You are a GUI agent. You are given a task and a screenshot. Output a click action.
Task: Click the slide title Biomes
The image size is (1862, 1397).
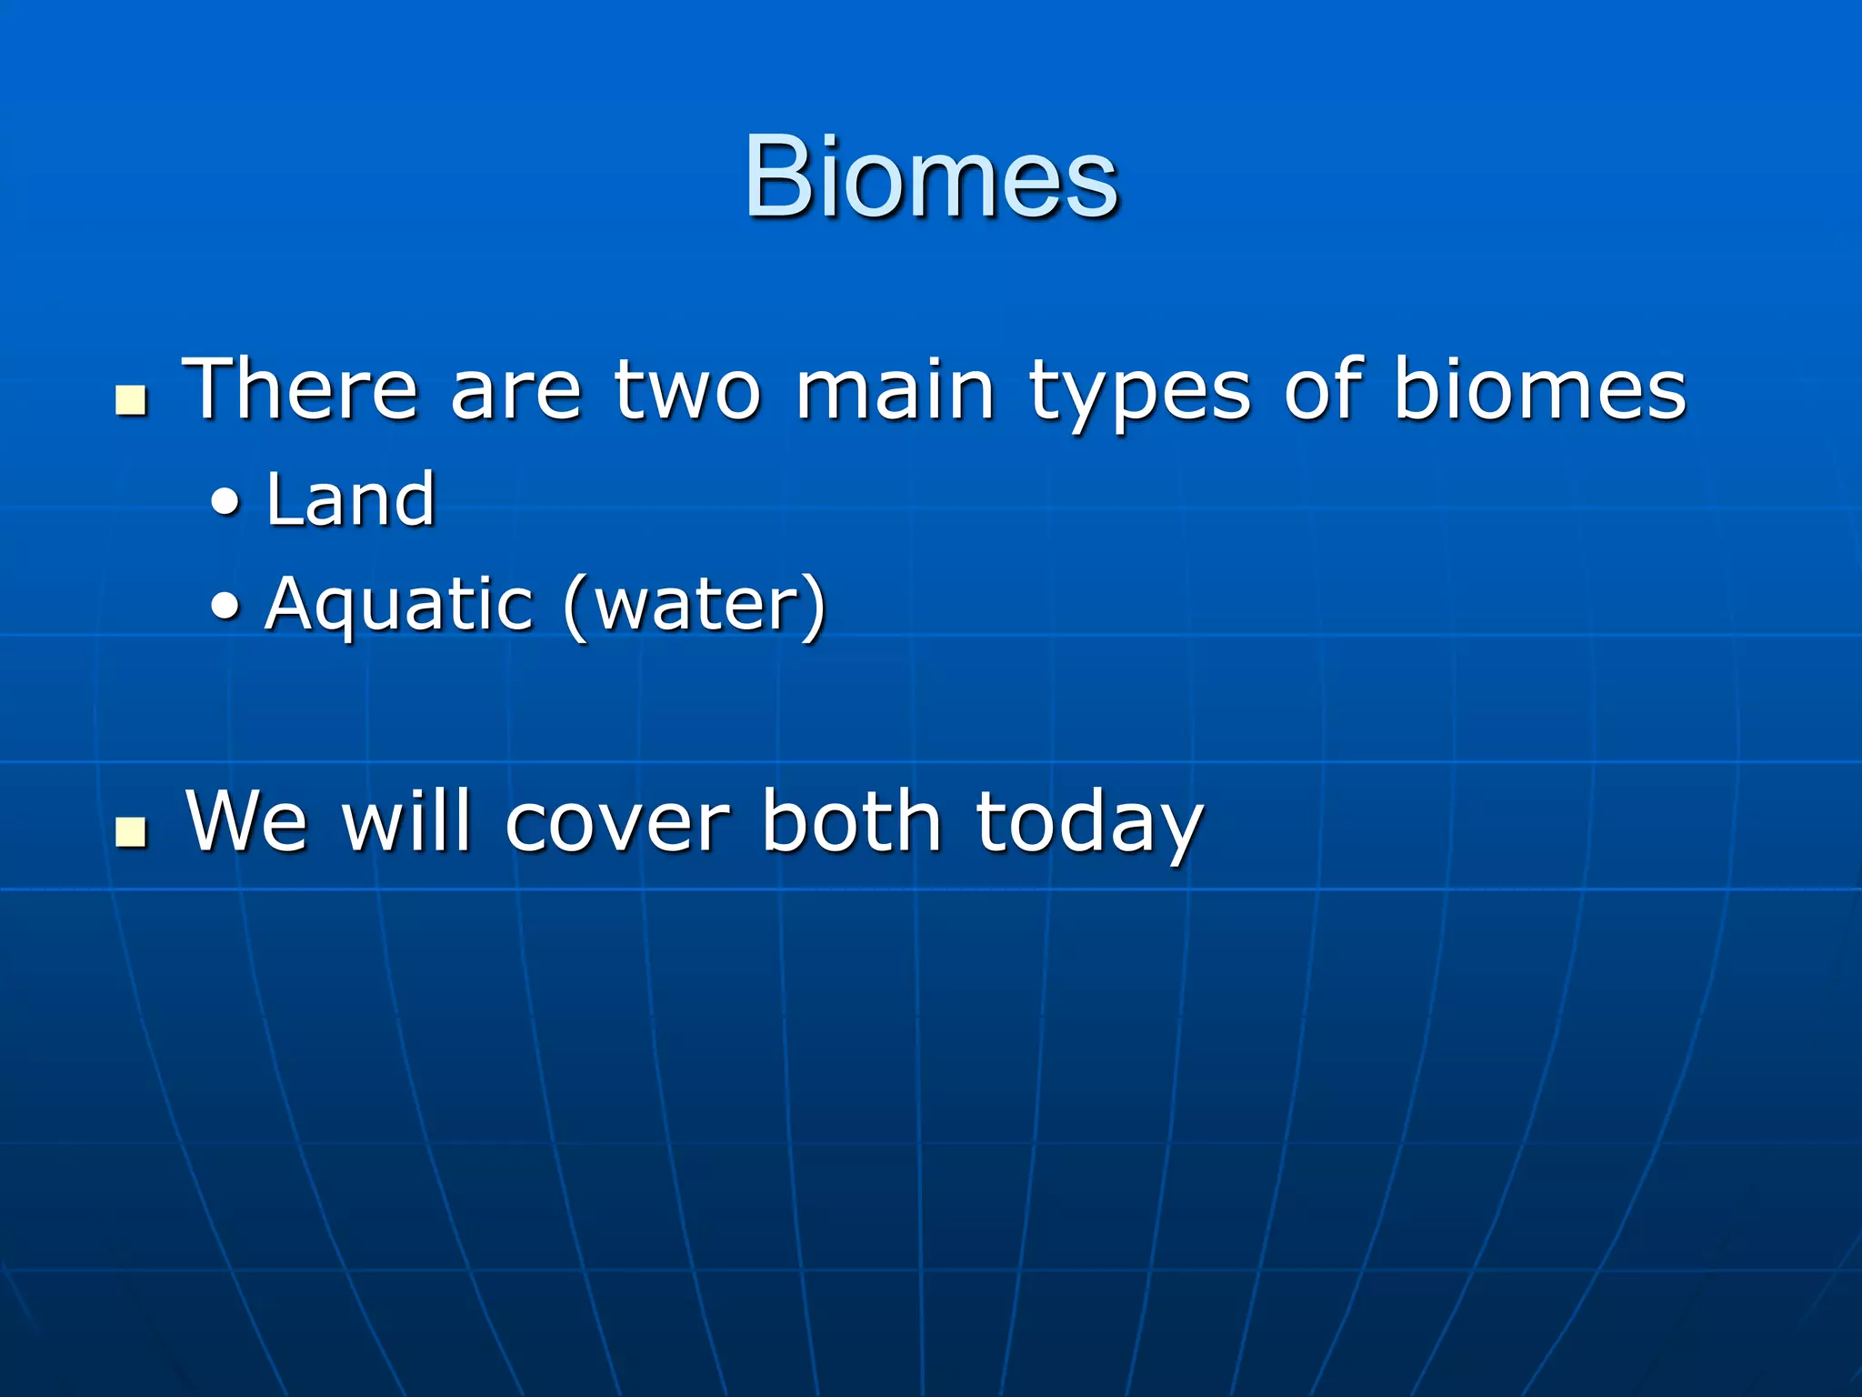click(931, 177)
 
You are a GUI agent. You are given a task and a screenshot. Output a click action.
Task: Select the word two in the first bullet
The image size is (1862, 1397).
click(686, 391)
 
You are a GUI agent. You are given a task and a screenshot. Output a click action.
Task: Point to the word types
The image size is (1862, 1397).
click(1139, 396)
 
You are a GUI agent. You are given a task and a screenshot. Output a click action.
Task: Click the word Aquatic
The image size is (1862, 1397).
click(398, 605)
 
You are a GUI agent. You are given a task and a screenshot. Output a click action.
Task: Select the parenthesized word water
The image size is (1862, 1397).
click(695, 605)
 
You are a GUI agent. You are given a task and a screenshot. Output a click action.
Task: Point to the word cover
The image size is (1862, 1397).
click(617, 823)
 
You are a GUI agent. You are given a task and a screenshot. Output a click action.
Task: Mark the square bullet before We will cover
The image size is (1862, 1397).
click(132, 831)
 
